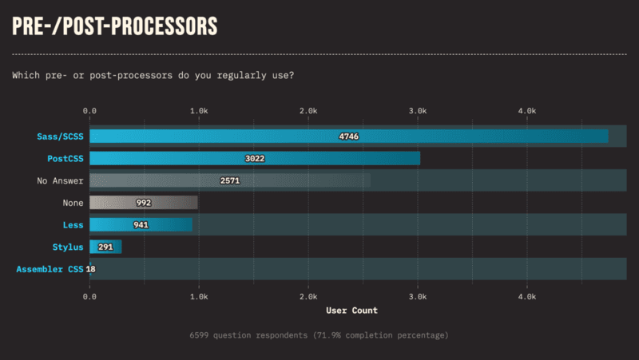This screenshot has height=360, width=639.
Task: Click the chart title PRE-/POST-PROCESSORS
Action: (114, 26)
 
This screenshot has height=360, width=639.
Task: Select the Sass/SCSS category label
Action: (60, 136)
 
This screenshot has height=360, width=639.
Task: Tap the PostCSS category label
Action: (65, 158)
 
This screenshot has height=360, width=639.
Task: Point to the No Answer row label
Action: (60, 181)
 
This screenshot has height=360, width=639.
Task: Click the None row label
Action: (73, 203)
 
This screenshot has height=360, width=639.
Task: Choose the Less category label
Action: (73, 225)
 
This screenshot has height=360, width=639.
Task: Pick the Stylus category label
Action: (68, 247)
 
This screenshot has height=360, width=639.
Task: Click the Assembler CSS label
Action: (50, 269)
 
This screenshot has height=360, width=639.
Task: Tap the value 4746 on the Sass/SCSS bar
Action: (349, 136)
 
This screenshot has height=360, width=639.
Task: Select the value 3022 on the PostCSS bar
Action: (255, 158)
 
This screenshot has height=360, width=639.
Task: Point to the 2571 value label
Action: (230, 181)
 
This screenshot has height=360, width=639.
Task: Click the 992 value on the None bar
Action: (144, 203)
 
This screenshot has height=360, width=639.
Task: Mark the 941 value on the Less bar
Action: (141, 225)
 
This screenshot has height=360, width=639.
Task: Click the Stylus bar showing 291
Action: (105, 247)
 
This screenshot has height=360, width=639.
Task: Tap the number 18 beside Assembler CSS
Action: (90, 269)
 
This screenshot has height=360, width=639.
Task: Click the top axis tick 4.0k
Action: (527, 111)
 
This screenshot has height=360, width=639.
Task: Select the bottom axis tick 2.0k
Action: (308, 297)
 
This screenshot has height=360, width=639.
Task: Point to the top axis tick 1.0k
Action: (199, 111)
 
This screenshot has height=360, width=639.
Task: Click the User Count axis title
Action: (351, 311)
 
